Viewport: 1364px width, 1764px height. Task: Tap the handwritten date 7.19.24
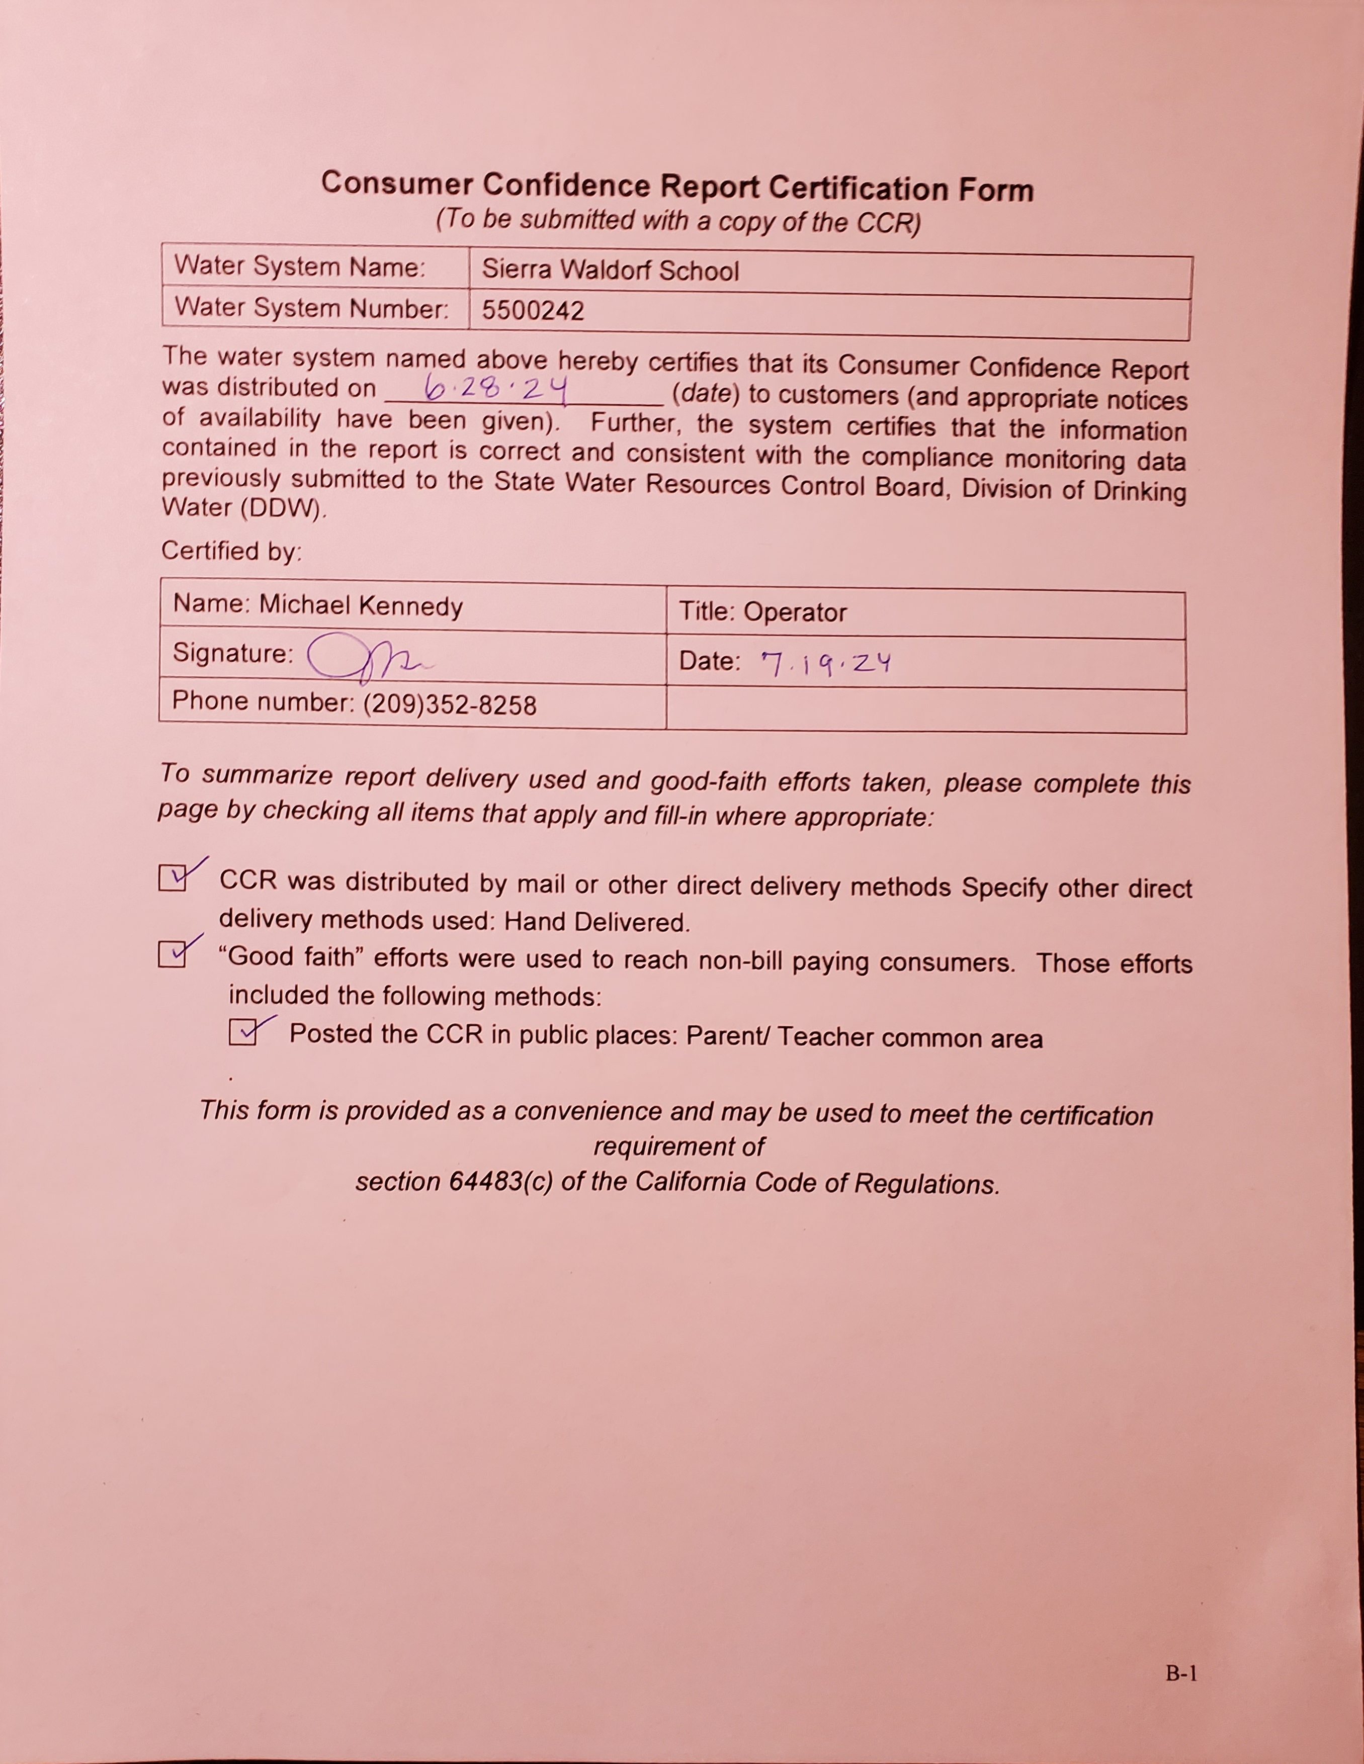[x=826, y=663]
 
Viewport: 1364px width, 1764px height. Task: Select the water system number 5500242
[x=533, y=311]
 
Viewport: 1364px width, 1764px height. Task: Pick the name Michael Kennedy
[x=361, y=606]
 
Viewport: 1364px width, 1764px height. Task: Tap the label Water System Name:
[x=300, y=266]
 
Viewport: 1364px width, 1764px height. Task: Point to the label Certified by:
[x=231, y=551]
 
